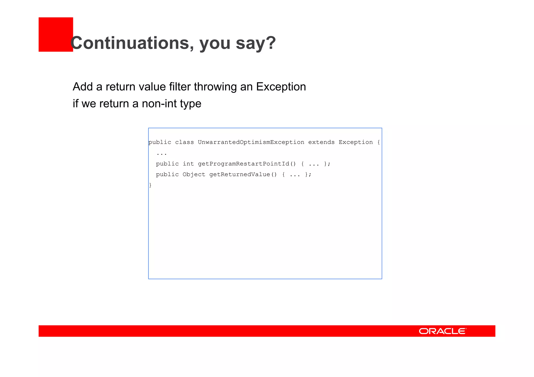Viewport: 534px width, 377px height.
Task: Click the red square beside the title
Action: point(56,34)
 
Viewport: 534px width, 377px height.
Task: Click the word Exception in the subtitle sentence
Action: point(281,87)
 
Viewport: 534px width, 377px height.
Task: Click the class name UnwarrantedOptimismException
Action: point(251,142)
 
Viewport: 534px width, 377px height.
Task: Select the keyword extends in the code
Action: point(321,142)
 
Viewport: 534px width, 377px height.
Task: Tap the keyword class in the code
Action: point(184,142)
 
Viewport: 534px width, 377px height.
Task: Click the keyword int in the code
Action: point(188,164)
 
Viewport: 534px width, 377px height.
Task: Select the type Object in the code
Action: point(194,175)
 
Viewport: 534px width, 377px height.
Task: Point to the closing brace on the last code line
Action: point(150,185)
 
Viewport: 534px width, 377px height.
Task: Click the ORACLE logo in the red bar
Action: point(442,331)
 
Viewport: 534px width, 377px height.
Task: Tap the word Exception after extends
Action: point(356,142)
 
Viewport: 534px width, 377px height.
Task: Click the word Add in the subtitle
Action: point(82,87)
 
